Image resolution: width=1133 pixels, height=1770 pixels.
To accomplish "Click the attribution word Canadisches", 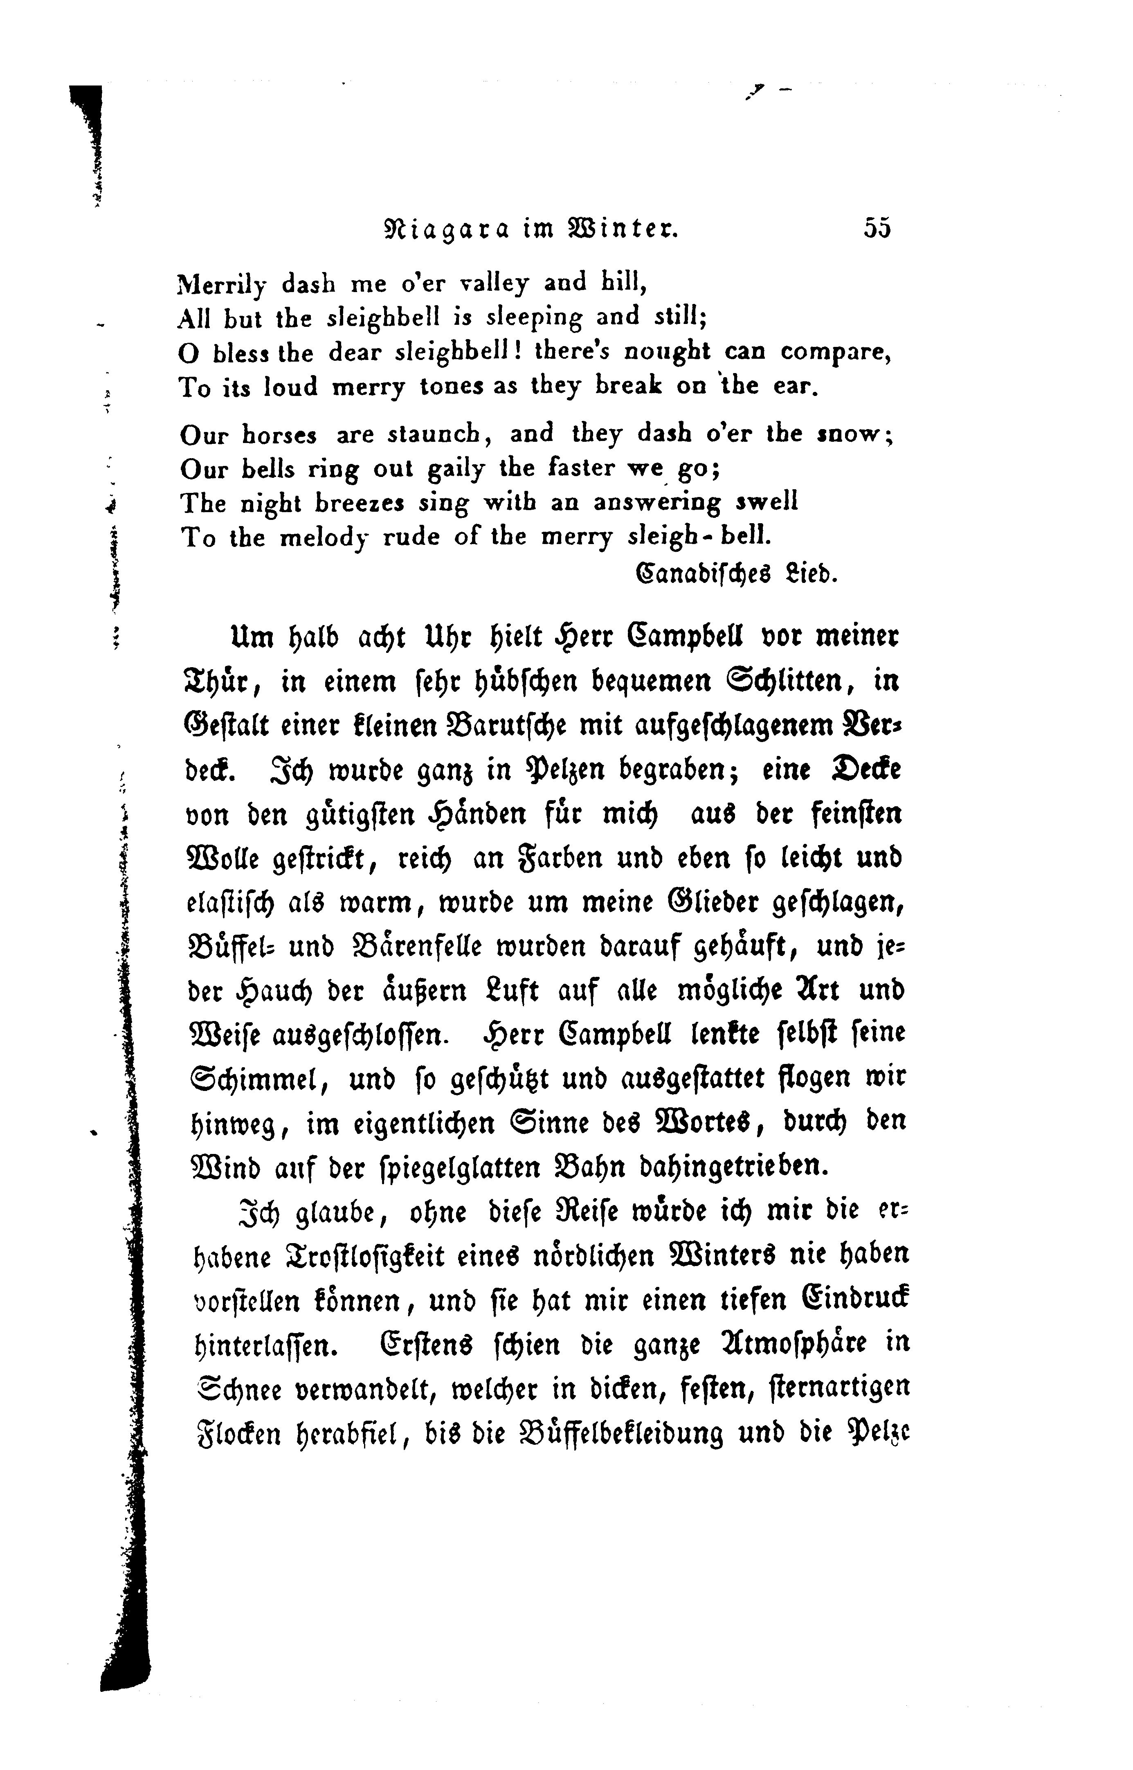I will click(703, 574).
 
